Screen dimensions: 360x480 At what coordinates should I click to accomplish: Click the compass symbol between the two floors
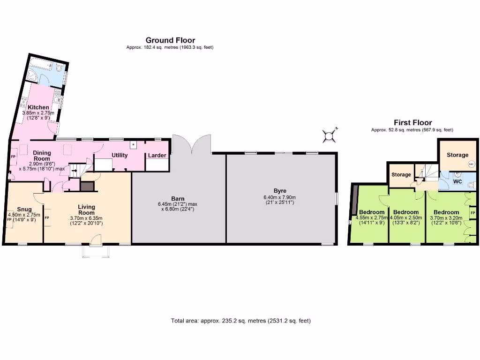[x=330, y=136]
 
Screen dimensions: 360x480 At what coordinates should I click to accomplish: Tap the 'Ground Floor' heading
[x=170, y=40]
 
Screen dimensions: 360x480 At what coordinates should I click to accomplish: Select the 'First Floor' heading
[x=412, y=123]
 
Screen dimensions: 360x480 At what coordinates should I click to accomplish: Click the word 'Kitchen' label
[x=38, y=107]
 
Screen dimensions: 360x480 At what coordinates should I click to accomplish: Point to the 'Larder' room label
[x=157, y=155]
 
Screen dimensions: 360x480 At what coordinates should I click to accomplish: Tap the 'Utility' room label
[x=120, y=155]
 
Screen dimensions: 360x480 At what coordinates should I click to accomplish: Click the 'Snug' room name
[x=24, y=209]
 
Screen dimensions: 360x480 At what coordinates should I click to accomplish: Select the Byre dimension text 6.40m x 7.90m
[x=280, y=197]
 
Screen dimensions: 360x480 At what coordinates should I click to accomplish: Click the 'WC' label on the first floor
[x=457, y=181]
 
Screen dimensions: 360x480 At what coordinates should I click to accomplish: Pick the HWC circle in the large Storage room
[x=471, y=165]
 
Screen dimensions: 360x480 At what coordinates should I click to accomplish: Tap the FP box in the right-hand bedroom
[x=472, y=213]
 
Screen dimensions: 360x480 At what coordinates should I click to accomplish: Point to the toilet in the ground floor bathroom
[x=59, y=68]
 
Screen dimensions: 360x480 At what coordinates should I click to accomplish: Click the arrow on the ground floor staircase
[x=73, y=171]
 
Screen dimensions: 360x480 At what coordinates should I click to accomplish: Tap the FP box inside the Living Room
[x=47, y=218]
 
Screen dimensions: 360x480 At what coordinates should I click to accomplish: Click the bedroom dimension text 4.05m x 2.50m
[x=406, y=217]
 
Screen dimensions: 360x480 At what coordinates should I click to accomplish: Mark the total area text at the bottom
[x=240, y=321]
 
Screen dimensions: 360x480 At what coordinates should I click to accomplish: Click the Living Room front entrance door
[x=95, y=241]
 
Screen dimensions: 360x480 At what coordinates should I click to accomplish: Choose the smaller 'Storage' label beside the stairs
[x=401, y=175]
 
